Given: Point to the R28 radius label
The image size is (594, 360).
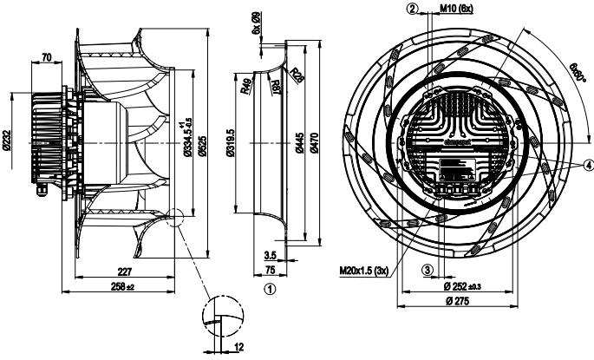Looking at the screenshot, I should [x=297, y=74].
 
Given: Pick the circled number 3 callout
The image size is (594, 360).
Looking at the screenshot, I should [x=428, y=270].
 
